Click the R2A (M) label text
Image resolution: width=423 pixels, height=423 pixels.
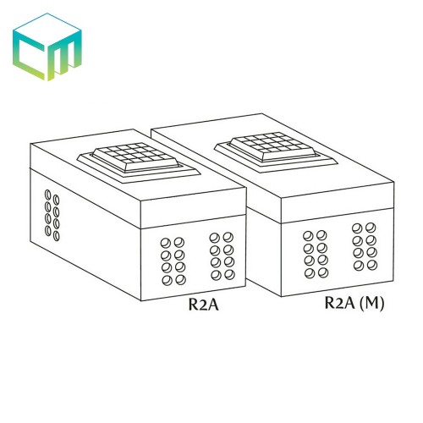pos(354,303)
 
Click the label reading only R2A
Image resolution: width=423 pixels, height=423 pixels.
pos(204,305)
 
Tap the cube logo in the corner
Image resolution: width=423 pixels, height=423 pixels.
pos(47,47)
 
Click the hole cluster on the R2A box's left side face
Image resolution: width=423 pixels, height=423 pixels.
pos(52,215)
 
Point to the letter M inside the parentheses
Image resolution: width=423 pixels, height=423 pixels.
pos(371,303)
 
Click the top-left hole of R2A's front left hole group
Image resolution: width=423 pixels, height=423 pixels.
pos(166,243)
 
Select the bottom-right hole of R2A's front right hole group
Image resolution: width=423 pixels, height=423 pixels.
pos(229,274)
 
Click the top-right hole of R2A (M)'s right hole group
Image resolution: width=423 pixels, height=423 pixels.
pos(371,228)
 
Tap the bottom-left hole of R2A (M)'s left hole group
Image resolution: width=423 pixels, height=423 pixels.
pos(310,273)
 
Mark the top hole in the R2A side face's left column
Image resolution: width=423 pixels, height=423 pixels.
pos(48,195)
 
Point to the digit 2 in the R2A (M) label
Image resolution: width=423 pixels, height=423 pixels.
pos(341,303)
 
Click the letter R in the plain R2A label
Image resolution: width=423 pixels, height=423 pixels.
pos(194,305)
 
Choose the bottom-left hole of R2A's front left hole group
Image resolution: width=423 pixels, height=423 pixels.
pos(168,280)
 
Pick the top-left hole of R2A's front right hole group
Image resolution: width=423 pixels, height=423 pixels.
pos(215,238)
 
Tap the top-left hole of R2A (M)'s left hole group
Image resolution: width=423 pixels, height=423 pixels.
pos(308,236)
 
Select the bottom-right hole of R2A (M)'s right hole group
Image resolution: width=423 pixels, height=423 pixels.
pos(372,265)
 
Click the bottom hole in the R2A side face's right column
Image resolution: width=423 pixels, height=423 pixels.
pos(57,236)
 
